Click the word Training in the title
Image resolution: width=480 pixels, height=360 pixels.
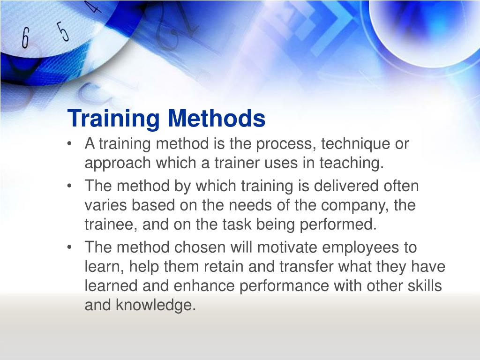point(113,119)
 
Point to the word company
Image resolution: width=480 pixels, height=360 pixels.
point(353,206)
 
